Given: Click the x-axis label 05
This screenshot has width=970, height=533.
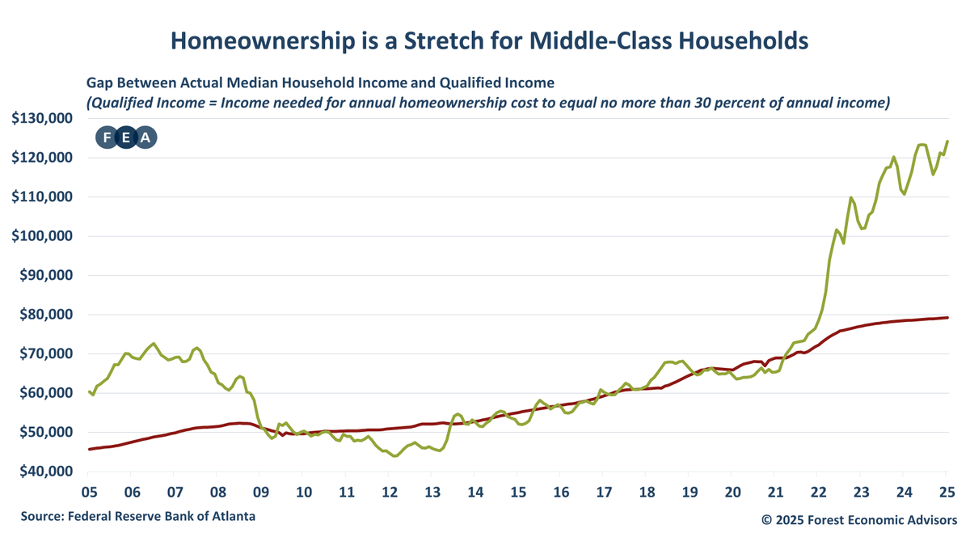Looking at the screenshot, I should coord(89,492).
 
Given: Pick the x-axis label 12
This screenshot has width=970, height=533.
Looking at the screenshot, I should coord(390,492).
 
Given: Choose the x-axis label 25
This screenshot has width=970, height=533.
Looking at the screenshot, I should coord(947,492).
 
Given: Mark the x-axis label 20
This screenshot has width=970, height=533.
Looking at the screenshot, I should coord(733,492).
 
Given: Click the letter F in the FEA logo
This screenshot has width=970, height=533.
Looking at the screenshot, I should coord(107,137).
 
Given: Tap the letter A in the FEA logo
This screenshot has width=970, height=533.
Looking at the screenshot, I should coord(145,137).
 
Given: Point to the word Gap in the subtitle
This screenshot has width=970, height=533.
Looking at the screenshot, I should coord(99,82).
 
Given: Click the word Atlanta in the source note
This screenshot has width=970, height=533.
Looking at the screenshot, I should coord(240,515).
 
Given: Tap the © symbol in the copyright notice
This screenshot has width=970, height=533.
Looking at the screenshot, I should coord(766,518).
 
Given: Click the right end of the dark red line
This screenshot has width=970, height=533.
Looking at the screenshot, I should coord(947,318).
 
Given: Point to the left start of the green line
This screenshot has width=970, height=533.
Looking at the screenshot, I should coord(89,391).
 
